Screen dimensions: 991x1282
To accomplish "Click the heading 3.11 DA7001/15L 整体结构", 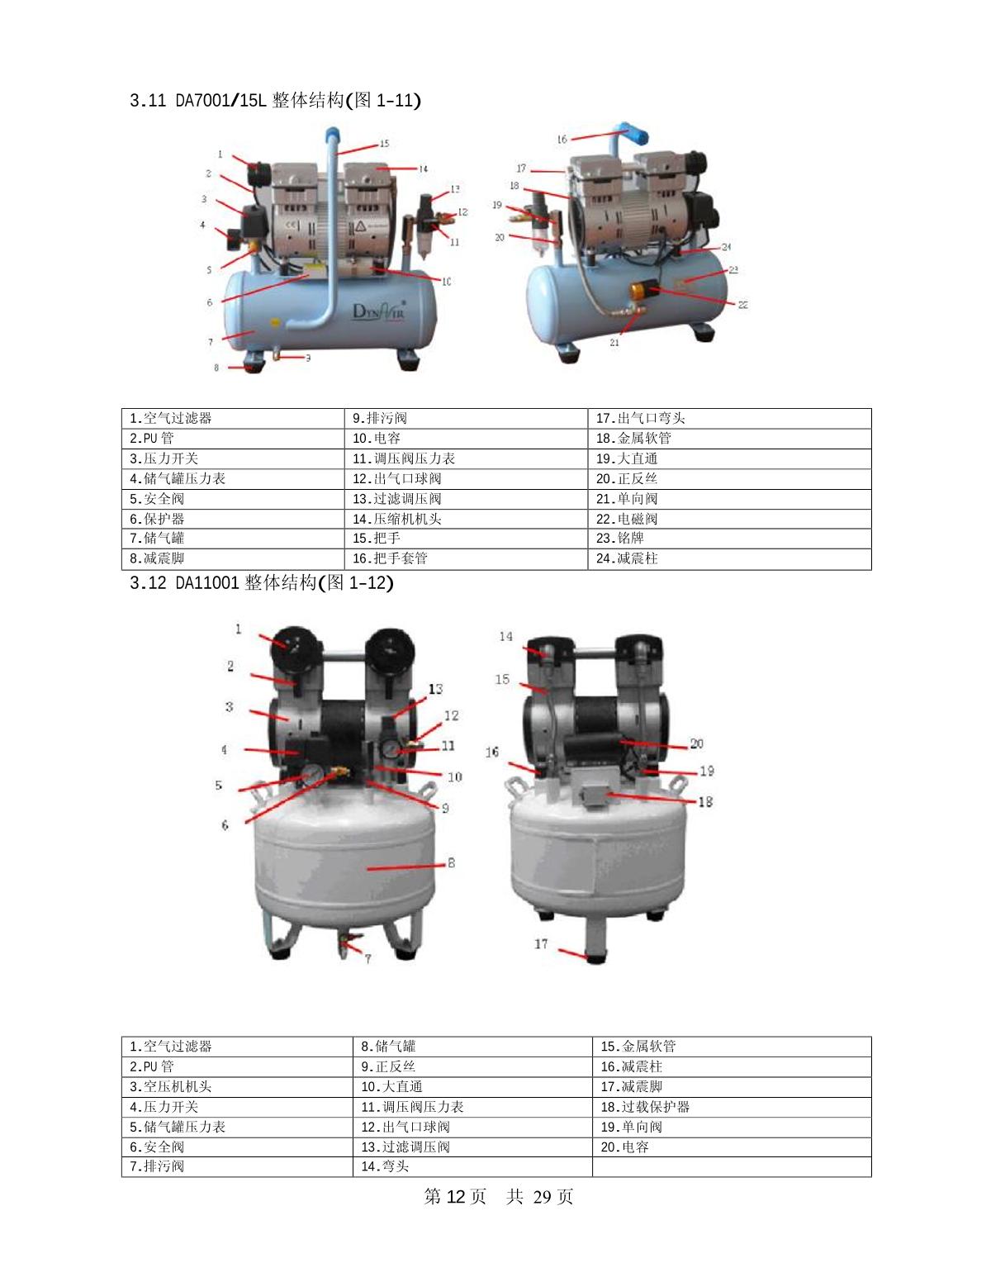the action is (x=275, y=100).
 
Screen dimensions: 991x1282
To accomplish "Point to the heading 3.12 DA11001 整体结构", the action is (x=261, y=583).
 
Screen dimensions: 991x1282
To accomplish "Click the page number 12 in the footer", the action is (x=456, y=1196).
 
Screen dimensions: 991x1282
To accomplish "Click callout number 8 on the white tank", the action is (x=451, y=862).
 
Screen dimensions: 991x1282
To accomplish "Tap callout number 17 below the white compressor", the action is (x=541, y=944).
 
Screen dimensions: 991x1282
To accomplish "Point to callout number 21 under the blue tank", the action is (x=614, y=342).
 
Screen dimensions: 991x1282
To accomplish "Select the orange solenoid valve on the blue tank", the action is (x=644, y=290).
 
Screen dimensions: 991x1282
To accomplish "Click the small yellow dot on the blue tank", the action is (x=273, y=323).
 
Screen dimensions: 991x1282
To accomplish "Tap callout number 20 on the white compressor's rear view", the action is (x=696, y=743).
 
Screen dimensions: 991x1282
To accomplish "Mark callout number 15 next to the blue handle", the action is (x=384, y=144).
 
